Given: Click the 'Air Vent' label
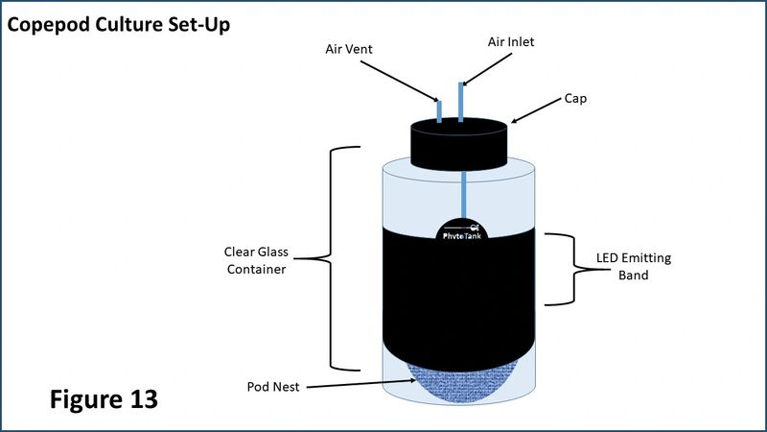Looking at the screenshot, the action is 349,49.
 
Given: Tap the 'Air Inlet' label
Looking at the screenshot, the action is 511,42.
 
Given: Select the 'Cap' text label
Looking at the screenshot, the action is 575,99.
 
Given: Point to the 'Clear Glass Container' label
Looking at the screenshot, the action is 256,260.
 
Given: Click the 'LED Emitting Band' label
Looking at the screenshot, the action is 634,267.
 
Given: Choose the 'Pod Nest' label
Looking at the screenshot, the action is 273,387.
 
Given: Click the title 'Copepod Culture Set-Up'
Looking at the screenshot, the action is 118,25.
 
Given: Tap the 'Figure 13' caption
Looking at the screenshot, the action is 104,398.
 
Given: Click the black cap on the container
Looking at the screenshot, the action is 459,144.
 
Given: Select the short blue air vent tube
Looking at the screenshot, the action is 439,111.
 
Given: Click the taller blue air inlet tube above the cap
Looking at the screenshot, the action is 461,102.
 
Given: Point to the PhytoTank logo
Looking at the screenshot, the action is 462,231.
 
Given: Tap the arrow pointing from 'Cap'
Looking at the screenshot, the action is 536,110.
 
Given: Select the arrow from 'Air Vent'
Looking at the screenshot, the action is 400,82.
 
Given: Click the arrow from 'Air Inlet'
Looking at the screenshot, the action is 487,69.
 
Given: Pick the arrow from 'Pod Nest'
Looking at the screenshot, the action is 362,384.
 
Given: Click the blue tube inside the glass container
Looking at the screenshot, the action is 463,195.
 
